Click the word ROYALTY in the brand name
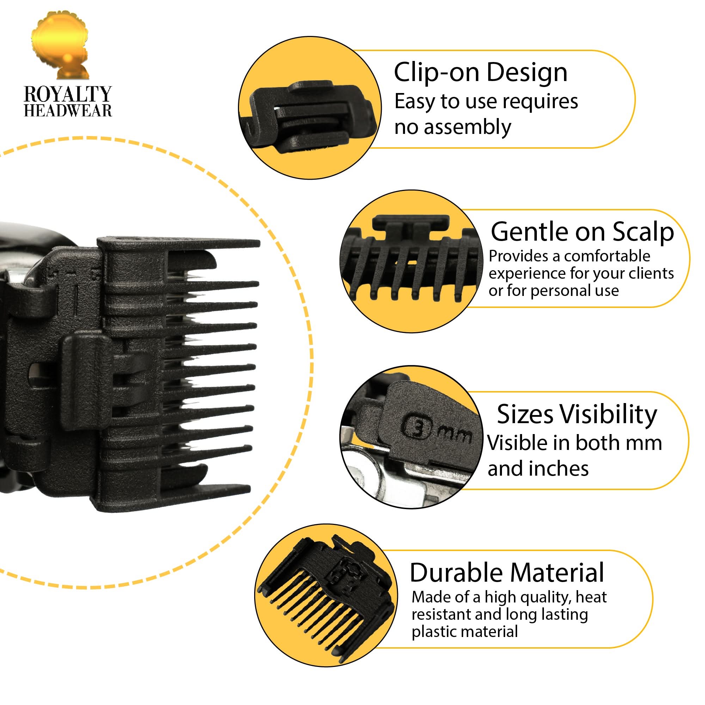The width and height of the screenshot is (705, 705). pyautogui.click(x=68, y=94)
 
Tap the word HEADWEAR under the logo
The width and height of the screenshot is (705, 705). pyautogui.click(x=68, y=111)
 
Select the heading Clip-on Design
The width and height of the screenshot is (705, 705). pyautogui.click(x=480, y=73)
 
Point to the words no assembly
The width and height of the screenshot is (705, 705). pyautogui.click(x=453, y=127)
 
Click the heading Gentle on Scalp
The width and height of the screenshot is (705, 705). pyautogui.click(x=582, y=232)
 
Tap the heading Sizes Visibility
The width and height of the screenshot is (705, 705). pyautogui.click(x=577, y=414)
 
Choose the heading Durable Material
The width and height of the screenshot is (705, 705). pyautogui.click(x=507, y=573)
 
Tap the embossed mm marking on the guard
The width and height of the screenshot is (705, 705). pyautogui.click(x=454, y=434)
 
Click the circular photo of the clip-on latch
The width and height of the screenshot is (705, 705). pyautogui.click(x=309, y=108)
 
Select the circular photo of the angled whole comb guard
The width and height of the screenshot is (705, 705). pyautogui.click(x=326, y=595)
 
